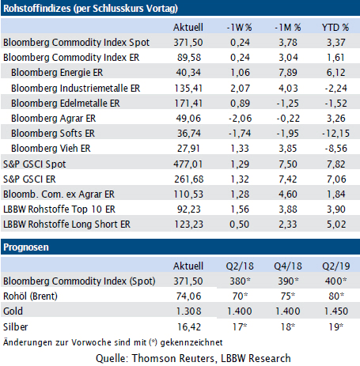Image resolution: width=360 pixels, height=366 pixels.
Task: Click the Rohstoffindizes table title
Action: (90, 9)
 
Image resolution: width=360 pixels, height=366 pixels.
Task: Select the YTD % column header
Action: (335, 28)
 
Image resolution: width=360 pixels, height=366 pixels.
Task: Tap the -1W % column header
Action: (240, 28)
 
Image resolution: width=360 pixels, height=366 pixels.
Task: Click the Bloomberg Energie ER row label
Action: (57, 73)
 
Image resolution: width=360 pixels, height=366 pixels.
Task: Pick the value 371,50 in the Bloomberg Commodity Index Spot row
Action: (188, 43)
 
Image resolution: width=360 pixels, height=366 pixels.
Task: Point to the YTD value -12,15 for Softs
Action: (335, 134)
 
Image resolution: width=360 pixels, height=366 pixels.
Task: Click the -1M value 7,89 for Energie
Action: (288, 73)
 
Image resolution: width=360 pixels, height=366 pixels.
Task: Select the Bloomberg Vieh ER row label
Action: (51, 149)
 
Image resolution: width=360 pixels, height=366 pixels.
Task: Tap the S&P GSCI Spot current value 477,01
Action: (188, 164)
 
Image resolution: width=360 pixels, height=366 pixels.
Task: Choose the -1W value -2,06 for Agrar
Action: (240, 119)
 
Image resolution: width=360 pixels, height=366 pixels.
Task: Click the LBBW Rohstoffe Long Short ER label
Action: (66, 225)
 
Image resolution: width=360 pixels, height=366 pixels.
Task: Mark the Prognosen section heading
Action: (26, 247)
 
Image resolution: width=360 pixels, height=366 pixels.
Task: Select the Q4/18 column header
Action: (288, 266)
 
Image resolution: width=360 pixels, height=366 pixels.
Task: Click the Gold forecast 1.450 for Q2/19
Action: (336, 311)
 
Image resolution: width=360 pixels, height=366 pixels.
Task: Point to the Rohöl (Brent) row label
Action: (30, 296)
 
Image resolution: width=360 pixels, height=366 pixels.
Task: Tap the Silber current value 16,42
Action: (189, 327)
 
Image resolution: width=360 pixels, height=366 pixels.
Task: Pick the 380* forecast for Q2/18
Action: (240, 281)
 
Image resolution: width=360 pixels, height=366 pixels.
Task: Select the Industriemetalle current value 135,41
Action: (188, 89)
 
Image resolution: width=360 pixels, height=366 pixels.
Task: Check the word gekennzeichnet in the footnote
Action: (191, 342)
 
